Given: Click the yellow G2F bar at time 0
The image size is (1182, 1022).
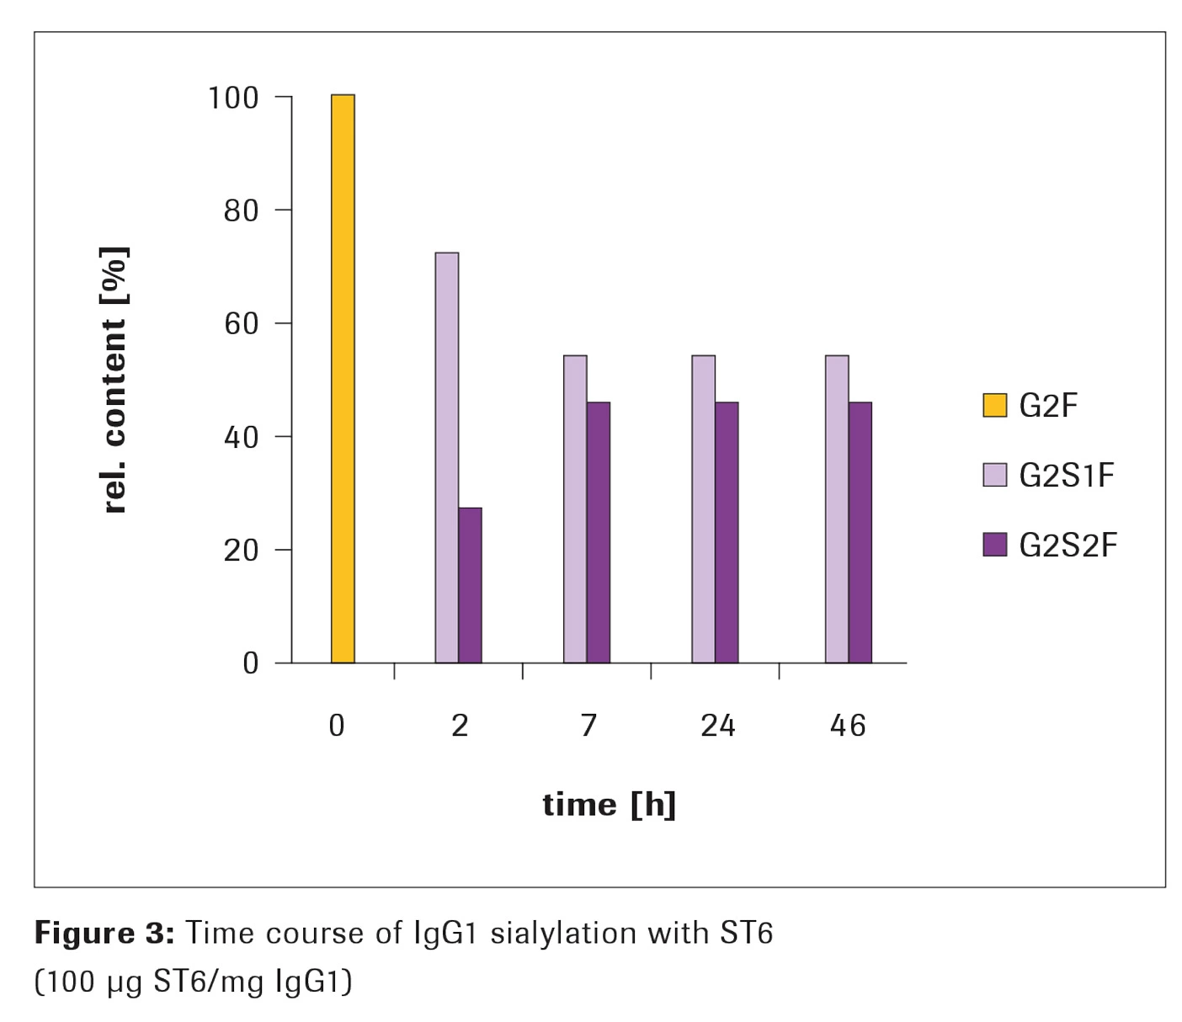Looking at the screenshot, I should tap(343, 379).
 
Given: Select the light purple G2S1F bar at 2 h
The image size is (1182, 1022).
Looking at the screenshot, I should tap(447, 458).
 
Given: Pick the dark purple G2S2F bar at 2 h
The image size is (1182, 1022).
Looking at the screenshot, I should tap(471, 585).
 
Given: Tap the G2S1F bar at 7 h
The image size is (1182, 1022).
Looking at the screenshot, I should tap(575, 509).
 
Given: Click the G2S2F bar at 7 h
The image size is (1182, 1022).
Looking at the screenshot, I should tap(599, 533).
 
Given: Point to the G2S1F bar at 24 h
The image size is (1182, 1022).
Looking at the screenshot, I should tap(704, 509).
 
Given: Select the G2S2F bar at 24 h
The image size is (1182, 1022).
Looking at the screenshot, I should tap(727, 533).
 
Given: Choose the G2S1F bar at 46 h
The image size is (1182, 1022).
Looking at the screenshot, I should tap(837, 509).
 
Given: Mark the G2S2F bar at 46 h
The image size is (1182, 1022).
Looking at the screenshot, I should tap(860, 533).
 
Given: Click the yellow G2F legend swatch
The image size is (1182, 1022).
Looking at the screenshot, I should tap(995, 405).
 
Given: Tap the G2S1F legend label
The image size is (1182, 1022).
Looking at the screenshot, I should tap(1067, 476).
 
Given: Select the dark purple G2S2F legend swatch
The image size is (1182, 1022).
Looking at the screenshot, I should tap(995, 545).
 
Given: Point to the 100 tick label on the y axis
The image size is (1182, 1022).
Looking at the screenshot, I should tap(233, 98).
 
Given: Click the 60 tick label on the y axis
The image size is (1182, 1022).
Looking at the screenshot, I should tap(241, 324).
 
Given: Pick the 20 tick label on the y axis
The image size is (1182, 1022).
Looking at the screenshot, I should tap(241, 551).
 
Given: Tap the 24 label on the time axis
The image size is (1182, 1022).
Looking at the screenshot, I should tap(718, 726).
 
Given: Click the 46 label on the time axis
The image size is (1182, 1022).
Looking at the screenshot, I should tap(848, 726).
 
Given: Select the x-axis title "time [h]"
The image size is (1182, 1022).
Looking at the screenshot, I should tap(610, 805).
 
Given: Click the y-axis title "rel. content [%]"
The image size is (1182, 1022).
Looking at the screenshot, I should tap(114, 381).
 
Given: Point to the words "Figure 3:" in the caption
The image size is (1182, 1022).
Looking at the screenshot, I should tap(104, 934).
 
